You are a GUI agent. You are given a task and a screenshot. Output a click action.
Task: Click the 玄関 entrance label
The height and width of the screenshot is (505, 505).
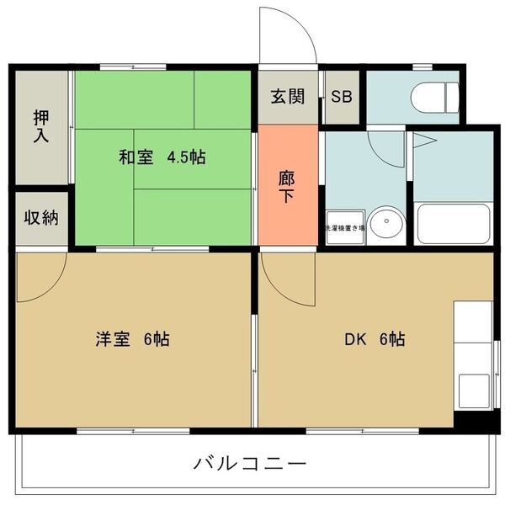288,96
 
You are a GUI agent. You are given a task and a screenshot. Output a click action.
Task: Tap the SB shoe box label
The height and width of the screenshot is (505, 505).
342,96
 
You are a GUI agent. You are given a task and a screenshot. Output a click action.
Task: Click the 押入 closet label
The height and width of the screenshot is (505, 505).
40,127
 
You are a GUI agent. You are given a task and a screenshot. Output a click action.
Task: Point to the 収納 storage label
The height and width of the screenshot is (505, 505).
40,218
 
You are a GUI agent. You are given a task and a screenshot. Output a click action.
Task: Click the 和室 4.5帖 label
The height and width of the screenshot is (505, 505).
162,157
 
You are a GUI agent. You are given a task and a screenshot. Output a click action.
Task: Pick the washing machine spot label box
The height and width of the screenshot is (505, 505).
346,227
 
